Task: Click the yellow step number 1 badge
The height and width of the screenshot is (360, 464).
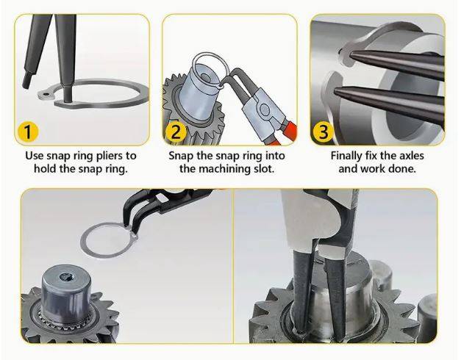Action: click(x=27, y=132)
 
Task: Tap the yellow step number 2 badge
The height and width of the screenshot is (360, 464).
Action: click(x=176, y=132)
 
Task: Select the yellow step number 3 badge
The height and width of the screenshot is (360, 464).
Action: click(x=324, y=132)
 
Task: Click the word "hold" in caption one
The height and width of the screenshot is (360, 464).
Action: click(x=46, y=169)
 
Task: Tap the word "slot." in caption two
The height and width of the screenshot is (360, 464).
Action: click(x=263, y=169)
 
